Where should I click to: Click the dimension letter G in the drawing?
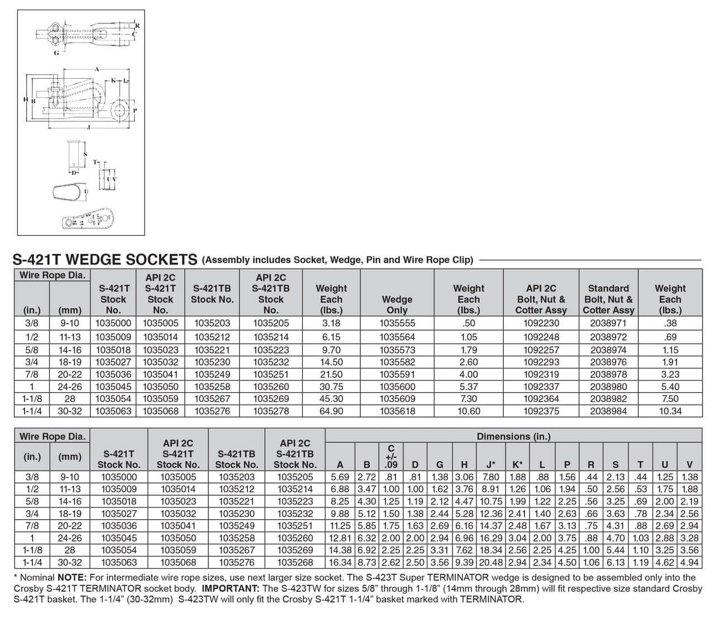tap(56, 53)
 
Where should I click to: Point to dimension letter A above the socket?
tap(97, 69)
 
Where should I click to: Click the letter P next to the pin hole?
tap(134, 110)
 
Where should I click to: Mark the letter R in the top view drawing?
tap(137, 26)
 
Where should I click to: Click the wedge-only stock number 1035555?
tap(397, 323)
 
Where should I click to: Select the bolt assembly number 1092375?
tap(541, 411)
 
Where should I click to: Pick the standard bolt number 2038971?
tap(608, 323)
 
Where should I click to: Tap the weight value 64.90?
tap(331, 411)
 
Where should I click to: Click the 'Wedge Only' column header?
tap(397, 304)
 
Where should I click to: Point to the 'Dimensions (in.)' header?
tap(513, 437)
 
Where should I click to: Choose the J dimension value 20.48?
tap(491, 563)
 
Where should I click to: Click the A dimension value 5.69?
tap(340, 477)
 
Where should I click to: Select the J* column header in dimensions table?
tap(491, 464)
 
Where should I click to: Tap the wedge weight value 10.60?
tap(469, 411)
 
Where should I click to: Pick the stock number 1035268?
tap(295, 563)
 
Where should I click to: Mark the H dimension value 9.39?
tap(465, 563)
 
